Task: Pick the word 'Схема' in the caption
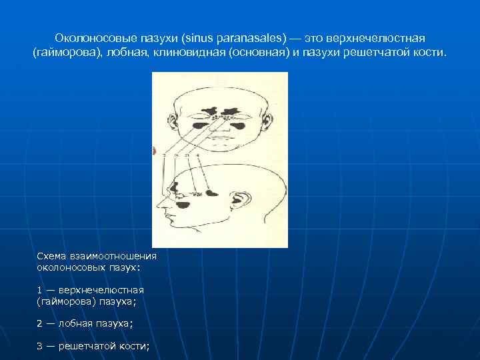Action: click(51, 255)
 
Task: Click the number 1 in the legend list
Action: click(40, 290)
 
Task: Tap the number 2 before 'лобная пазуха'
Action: click(40, 323)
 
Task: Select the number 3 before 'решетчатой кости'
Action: click(40, 346)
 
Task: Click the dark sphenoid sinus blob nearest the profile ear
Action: click(211, 193)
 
